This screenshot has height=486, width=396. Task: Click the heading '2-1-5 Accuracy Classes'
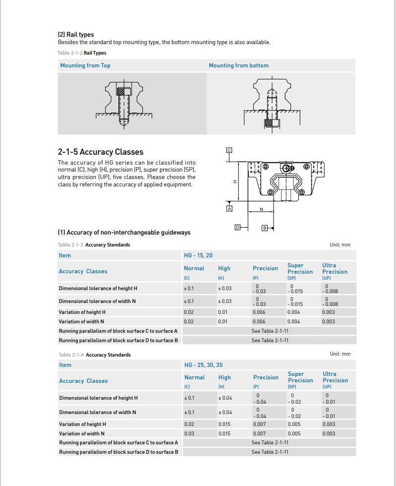click(x=101, y=152)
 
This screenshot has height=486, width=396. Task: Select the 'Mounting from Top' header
click(x=85, y=65)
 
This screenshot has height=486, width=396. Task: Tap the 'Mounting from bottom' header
click(x=238, y=65)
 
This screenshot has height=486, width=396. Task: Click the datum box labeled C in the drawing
click(x=229, y=150)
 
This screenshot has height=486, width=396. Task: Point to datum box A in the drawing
click(x=229, y=209)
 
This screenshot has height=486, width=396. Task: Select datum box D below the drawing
click(x=237, y=227)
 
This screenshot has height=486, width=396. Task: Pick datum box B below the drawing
click(x=265, y=228)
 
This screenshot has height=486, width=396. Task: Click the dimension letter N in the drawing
click(x=261, y=209)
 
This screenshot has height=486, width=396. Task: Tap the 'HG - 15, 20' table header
click(x=198, y=255)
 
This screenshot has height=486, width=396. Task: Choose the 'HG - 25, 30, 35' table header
click(x=203, y=365)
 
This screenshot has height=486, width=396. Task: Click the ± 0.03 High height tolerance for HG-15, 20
click(x=225, y=288)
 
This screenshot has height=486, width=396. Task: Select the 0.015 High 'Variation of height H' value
click(x=225, y=424)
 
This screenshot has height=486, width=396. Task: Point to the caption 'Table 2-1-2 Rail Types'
click(x=82, y=53)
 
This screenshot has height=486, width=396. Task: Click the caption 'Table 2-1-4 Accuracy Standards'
click(x=94, y=355)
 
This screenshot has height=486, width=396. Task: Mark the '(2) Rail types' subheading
click(x=76, y=35)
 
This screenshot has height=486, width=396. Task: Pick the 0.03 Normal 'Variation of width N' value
click(x=189, y=433)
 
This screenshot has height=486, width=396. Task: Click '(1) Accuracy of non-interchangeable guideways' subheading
click(x=124, y=232)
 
